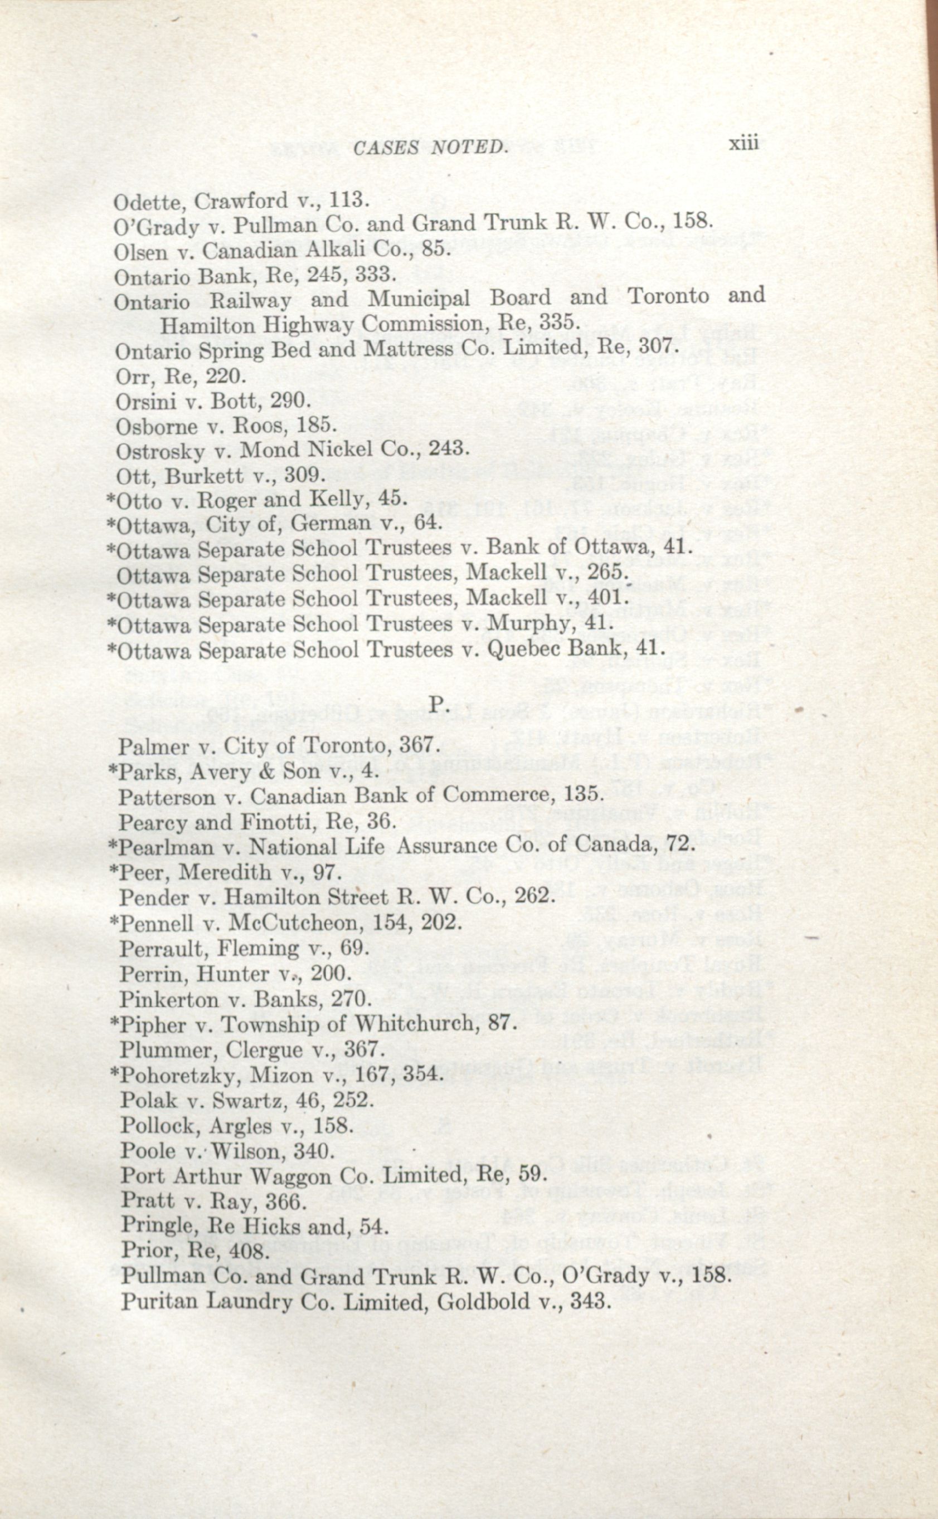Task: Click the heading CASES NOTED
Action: [429, 148]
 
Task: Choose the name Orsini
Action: [147, 402]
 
